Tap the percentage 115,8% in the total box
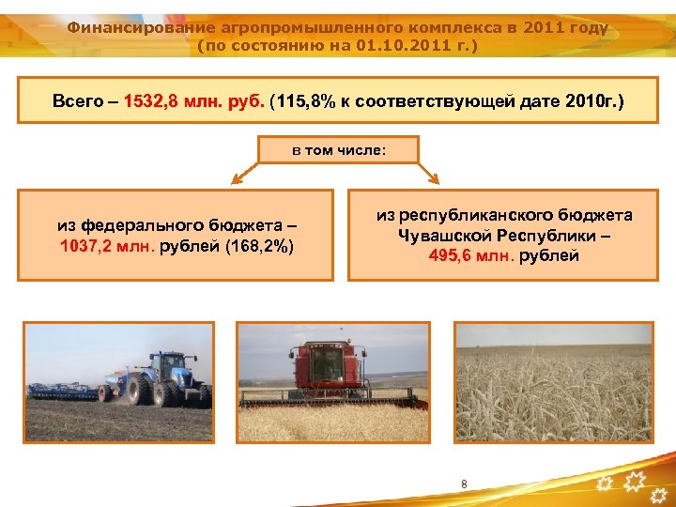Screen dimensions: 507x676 (x=299, y=100)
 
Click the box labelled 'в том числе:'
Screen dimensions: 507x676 (x=338, y=150)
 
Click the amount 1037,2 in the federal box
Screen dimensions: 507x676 (x=87, y=246)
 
